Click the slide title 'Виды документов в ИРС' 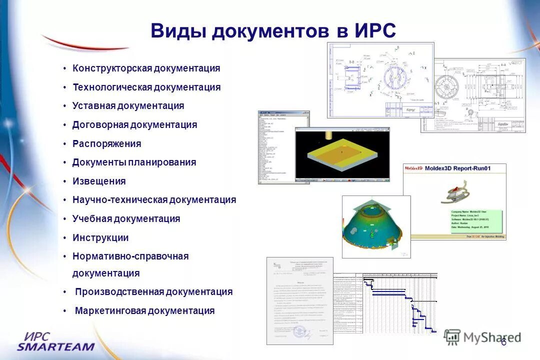click(273, 31)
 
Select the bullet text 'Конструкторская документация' click(146, 68)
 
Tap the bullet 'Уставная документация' click(128, 106)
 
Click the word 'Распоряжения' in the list click(106, 144)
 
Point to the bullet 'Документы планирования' click(134, 162)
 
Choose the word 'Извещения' click(99, 181)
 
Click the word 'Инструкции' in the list click(100, 238)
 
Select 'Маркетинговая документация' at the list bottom click(144, 311)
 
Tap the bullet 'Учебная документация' click(126, 219)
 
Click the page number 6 click(503, 342)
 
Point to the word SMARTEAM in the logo click(55, 346)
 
